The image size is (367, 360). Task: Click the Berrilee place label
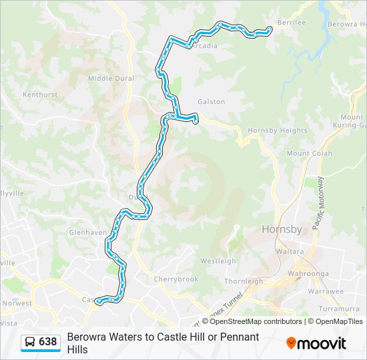tap(291, 22)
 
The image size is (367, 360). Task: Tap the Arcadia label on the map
tap(204, 46)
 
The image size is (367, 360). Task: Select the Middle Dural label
tap(111, 78)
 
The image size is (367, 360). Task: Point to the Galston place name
tap(211, 101)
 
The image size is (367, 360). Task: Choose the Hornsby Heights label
tap(277, 131)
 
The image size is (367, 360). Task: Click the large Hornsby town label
tap(282, 229)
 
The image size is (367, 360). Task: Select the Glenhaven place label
tap(87, 232)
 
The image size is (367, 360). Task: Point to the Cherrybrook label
tap(176, 279)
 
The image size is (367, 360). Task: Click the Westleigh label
tap(218, 261)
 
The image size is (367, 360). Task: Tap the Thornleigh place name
tap(244, 281)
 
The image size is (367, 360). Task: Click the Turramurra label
tap(339, 309)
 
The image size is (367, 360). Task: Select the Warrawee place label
tap(326, 291)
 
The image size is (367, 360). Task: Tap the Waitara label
tap(291, 251)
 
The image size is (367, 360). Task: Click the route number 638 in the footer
tap(47, 341)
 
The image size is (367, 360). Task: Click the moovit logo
tap(316, 343)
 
